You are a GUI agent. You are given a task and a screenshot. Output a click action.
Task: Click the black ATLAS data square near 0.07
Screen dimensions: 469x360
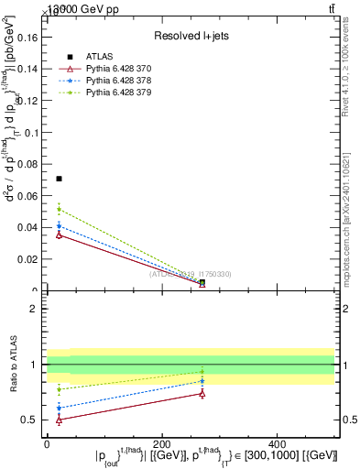[x=60, y=179]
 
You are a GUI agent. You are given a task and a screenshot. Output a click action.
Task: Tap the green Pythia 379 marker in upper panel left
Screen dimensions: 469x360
[x=60, y=209]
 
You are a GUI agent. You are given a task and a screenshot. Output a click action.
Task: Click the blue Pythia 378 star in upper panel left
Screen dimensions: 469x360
[x=60, y=225]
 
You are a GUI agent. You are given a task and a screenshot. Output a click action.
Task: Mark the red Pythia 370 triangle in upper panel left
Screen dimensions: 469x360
[x=60, y=234]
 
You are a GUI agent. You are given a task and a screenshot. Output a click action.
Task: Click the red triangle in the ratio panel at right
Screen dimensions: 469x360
[x=202, y=393]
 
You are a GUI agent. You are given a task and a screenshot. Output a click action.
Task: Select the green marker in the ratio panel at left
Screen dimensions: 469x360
[x=60, y=389]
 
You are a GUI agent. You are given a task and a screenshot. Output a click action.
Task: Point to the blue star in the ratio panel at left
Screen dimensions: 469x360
[x=60, y=408]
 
